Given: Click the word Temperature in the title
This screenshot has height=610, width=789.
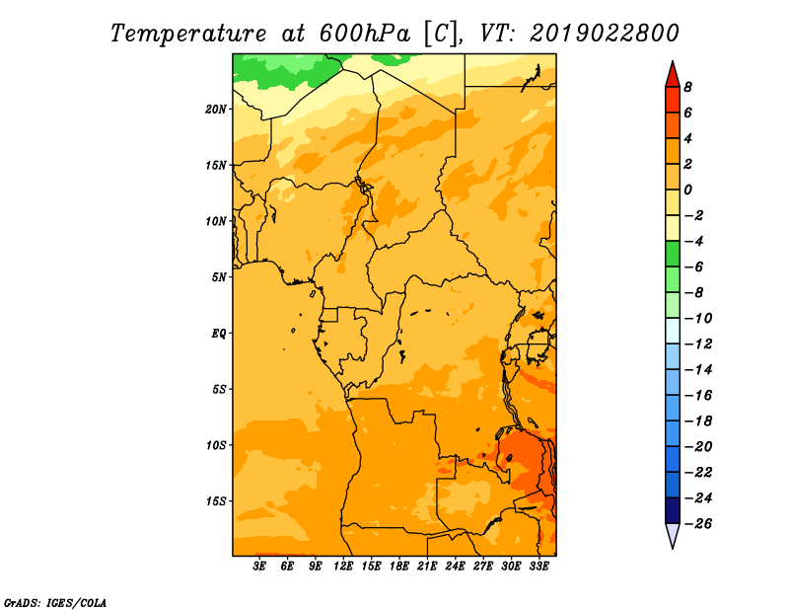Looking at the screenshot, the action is (188, 34).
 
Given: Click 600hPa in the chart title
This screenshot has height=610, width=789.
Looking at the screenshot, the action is (365, 34).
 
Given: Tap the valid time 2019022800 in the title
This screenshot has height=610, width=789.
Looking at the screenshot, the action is (605, 34).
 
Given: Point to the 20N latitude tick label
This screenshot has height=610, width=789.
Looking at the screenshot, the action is (216, 110).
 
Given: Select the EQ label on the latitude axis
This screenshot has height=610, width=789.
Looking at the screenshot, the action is (219, 334).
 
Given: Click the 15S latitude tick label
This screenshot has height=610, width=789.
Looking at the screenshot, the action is (216, 501).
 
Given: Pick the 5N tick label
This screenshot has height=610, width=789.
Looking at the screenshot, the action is (219, 277).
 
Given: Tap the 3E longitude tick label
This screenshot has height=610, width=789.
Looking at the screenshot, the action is (259, 566).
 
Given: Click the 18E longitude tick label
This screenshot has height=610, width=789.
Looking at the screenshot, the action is (399, 566).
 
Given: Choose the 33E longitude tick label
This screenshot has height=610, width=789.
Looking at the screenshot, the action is (538, 566).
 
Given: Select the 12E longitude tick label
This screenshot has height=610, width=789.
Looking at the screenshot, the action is (343, 566).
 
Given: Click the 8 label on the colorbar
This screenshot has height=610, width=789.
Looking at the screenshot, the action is (687, 87).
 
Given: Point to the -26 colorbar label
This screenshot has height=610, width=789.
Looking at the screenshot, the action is (698, 524).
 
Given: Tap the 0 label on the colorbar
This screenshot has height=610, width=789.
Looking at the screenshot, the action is (687, 190).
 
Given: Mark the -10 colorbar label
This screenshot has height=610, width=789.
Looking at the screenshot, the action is (698, 319).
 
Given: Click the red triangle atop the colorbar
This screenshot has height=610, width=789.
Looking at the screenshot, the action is (673, 76).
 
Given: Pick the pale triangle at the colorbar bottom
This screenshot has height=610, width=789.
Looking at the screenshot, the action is (673, 534).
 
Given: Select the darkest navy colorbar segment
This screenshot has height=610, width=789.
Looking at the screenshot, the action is (673, 510).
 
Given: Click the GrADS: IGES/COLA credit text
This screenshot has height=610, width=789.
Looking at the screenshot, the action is (55, 603).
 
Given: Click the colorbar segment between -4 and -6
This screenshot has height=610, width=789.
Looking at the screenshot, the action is (673, 254).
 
